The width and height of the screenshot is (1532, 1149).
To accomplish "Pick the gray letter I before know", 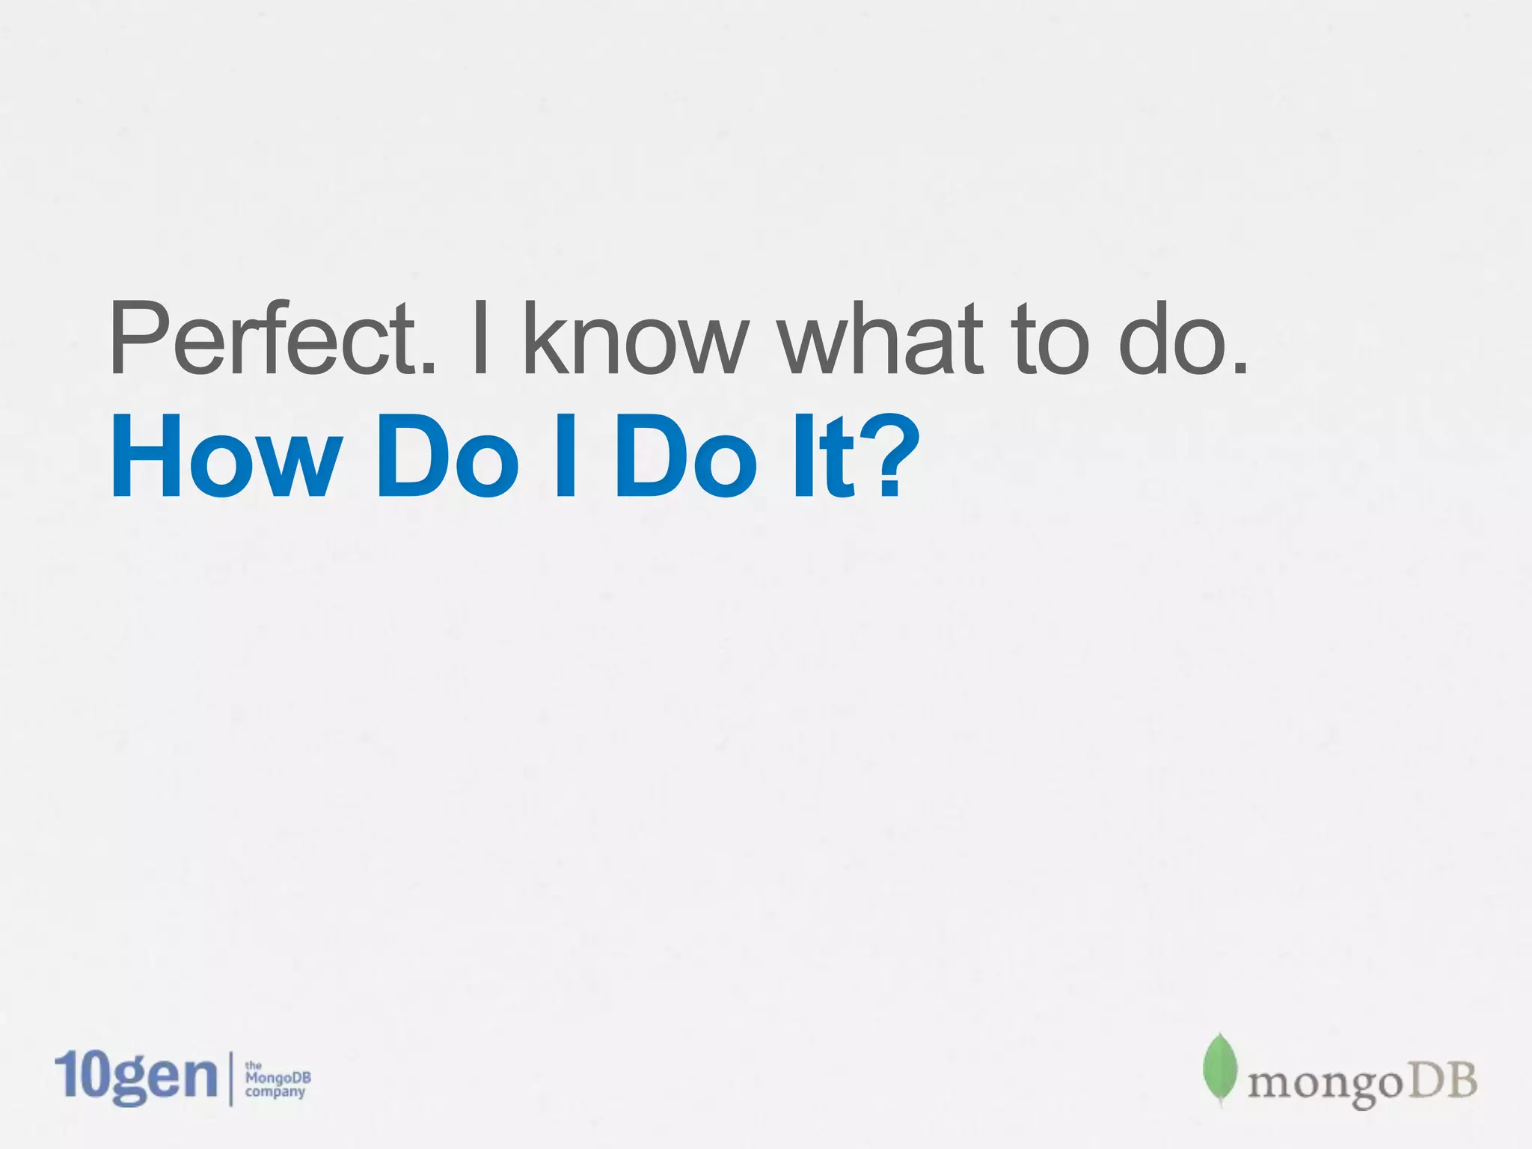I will (x=481, y=340).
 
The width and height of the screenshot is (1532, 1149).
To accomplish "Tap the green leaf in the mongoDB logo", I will (x=1219, y=1070).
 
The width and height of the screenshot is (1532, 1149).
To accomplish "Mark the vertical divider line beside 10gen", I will (x=230, y=1079).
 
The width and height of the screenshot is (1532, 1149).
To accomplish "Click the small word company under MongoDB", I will (x=275, y=1092).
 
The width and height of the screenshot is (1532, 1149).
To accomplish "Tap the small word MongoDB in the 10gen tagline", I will (x=278, y=1078).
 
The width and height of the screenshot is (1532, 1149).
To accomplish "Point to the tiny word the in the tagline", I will (x=254, y=1065).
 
